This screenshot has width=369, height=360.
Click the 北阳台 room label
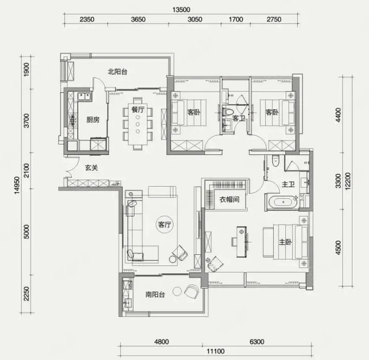tap(117, 72)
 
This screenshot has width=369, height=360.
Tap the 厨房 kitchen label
tap(93, 120)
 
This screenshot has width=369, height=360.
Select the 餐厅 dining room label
tap(138, 110)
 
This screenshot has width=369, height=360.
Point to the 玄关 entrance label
tap(91, 168)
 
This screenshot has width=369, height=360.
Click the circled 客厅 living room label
tap(164, 225)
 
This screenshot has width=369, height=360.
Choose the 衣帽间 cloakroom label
tap(230, 199)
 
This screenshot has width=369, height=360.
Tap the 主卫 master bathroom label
tap(288, 184)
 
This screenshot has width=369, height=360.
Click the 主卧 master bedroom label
tap(285, 242)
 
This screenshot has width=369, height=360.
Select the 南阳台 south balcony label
tap(155, 294)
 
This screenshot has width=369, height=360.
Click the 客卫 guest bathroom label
tap(239, 118)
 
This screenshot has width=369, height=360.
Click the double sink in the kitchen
tap(85, 97)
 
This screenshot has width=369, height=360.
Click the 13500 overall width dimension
tap(181, 10)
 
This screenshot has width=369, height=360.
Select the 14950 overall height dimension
tap(17, 185)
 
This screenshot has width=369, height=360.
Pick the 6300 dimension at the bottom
tap(257, 341)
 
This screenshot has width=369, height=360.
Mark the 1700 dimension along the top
tap(236, 19)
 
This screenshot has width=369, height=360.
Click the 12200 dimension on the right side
tap(348, 181)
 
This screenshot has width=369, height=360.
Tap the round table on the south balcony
tap(177, 291)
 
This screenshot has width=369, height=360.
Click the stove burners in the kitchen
tap(72, 119)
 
